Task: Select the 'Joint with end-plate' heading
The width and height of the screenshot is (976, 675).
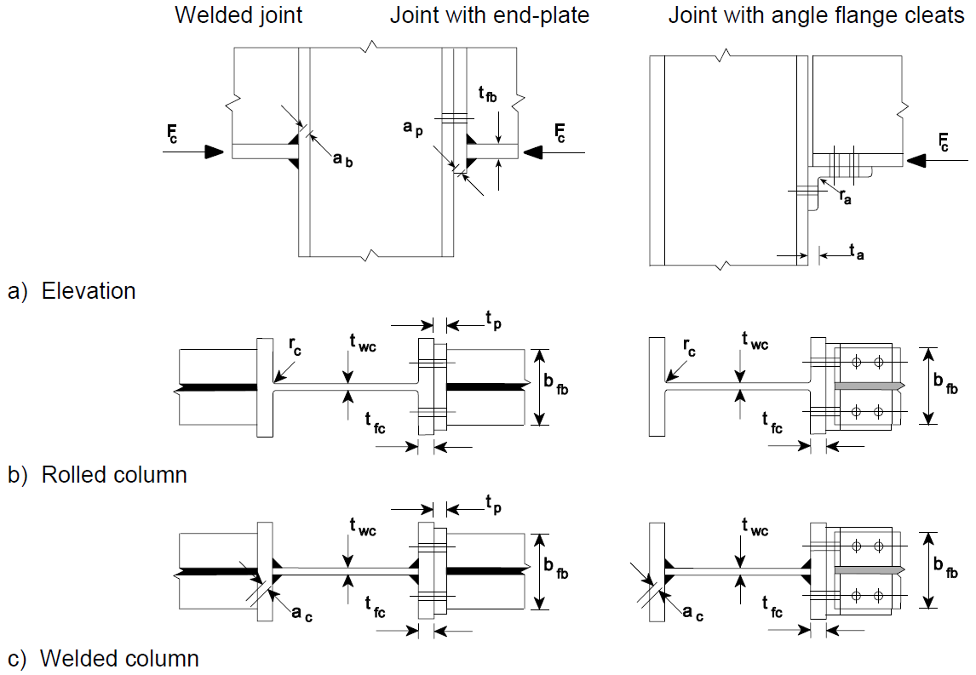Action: pyautogui.click(x=490, y=15)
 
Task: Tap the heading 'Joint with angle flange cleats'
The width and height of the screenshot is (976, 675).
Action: pyautogui.click(x=816, y=15)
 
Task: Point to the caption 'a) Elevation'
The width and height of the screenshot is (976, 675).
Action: pyautogui.click(x=72, y=291)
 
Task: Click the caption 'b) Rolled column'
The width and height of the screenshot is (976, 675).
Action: pyautogui.click(x=97, y=474)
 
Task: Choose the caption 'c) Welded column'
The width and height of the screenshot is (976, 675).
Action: pyautogui.click(x=103, y=658)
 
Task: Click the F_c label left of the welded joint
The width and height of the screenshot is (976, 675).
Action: pyautogui.click(x=174, y=133)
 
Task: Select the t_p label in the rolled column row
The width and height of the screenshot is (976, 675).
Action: pyautogui.click(x=495, y=319)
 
